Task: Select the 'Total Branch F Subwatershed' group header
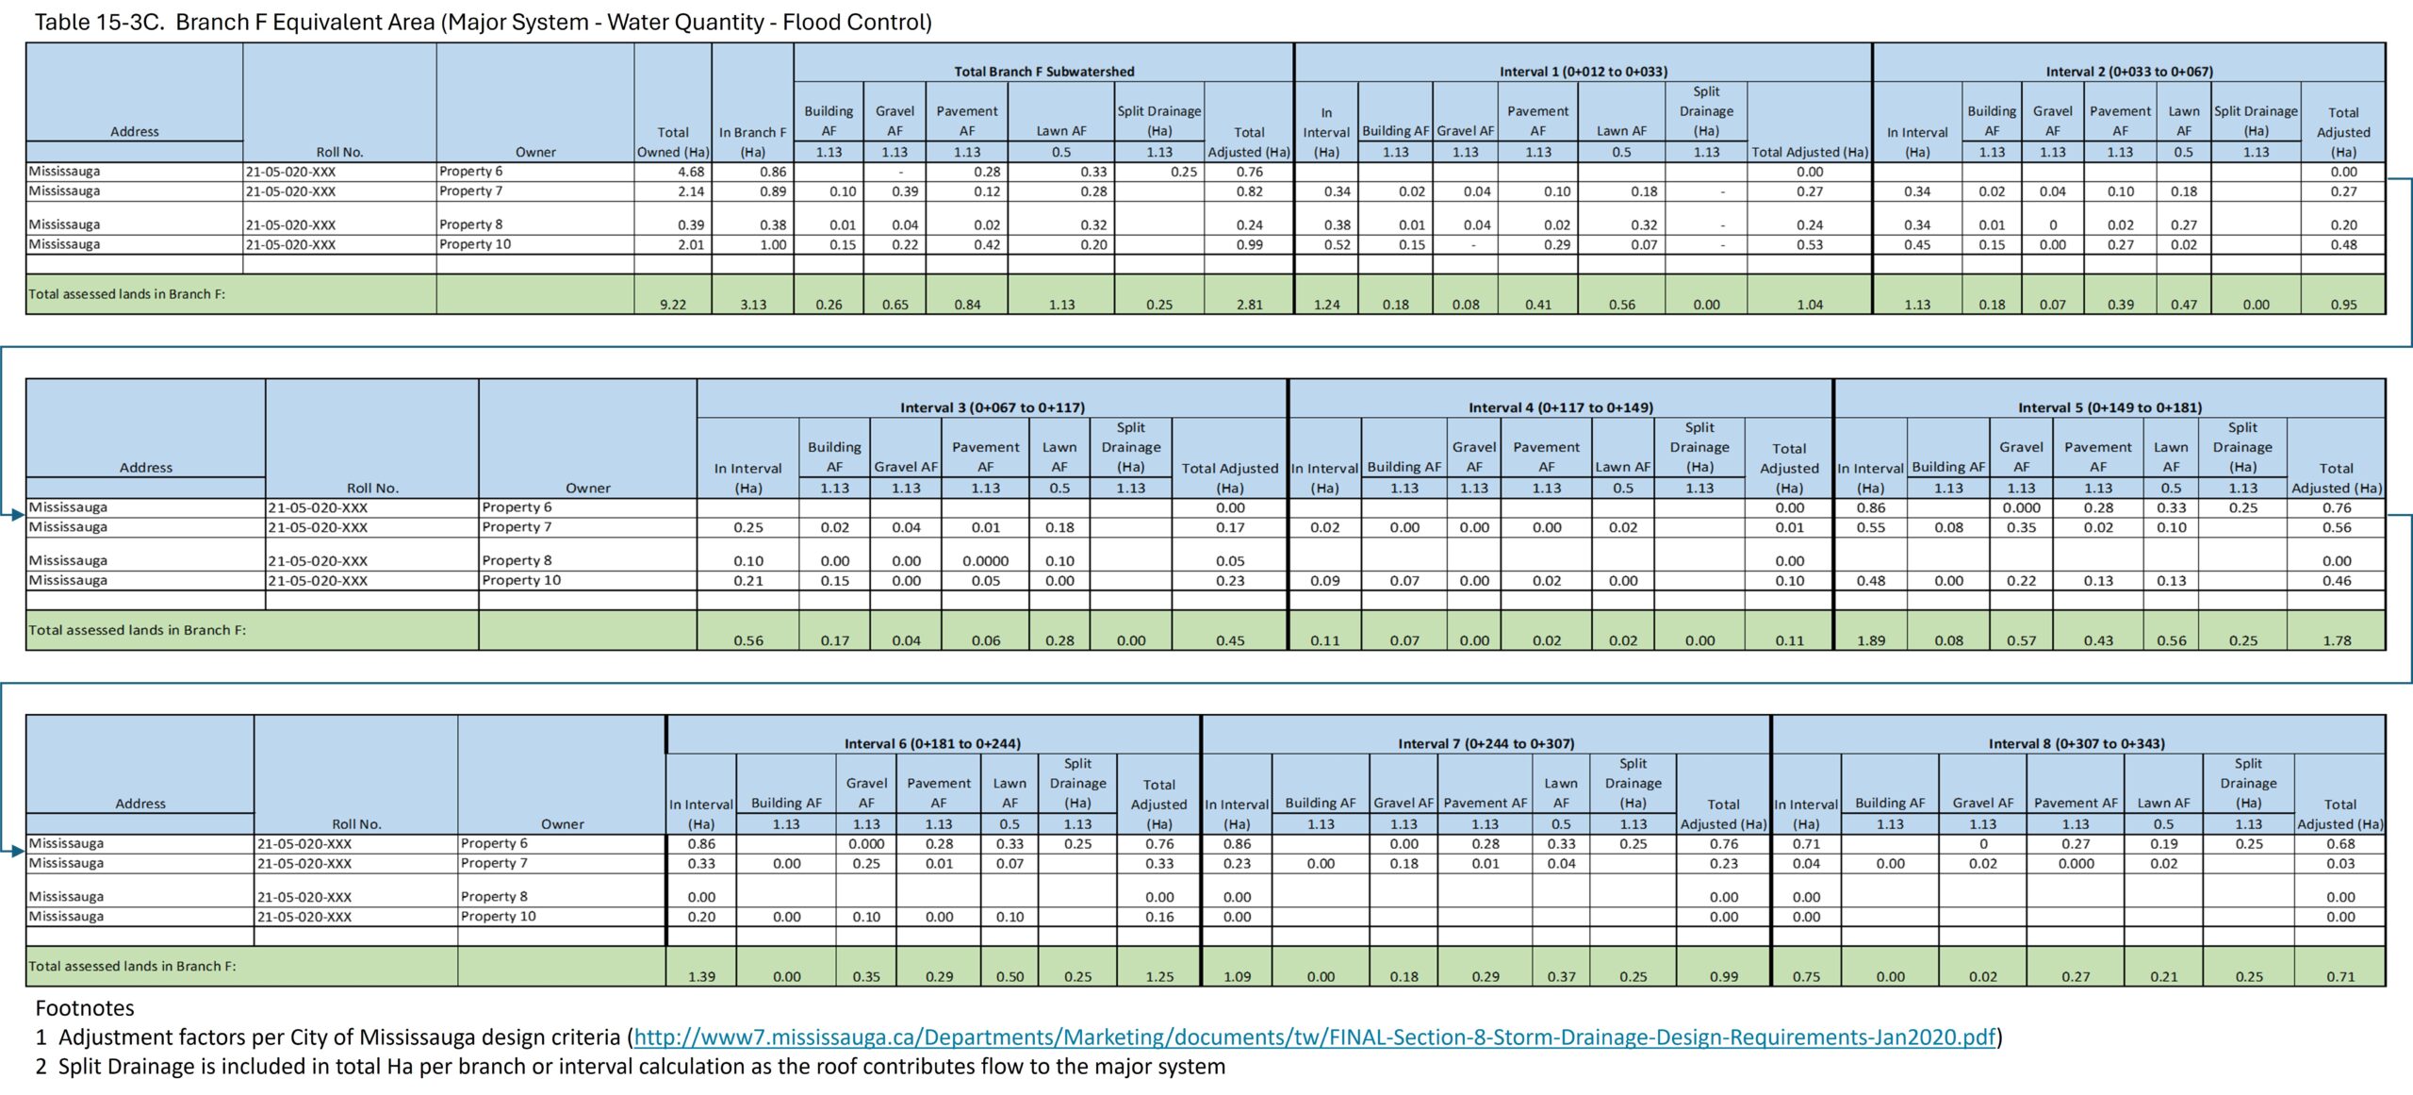(x=1043, y=72)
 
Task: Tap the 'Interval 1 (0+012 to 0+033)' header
(x=1583, y=72)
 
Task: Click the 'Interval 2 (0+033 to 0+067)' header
(x=2128, y=72)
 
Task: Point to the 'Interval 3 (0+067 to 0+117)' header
(x=992, y=407)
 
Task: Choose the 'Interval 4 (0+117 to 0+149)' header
(x=1560, y=407)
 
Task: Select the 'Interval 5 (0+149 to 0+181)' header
(x=2109, y=407)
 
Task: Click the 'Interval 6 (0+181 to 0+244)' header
(x=932, y=743)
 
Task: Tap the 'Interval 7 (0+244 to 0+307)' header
(x=1486, y=743)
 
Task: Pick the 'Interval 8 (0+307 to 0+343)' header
(x=2076, y=743)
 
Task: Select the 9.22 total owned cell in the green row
(x=673, y=305)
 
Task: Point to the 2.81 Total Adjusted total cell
(x=1249, y=305)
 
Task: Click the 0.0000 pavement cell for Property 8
(x=985, y=561)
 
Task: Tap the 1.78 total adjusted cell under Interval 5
(x=2336, y=640)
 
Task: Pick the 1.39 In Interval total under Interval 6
(x=701, y=976)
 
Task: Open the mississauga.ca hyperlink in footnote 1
(x=1314, y=1037)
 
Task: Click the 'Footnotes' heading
(x=85, y=1008)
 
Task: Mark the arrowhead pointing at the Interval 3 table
(x=17, y=515)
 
